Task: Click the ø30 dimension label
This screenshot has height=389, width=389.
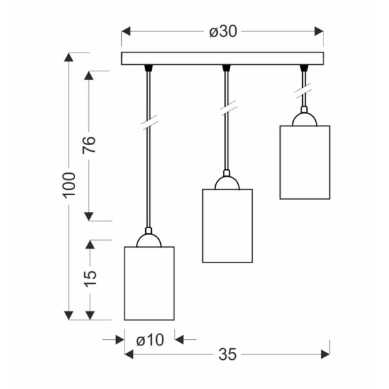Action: point(223,32)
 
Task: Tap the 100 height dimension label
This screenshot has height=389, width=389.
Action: point(69,185)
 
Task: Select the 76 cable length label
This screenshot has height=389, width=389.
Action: point(89,145)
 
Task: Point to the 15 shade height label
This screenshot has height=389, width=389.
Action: point(90,278)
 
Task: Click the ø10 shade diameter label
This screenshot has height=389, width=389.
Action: point(150,340)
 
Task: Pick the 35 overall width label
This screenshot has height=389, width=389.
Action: point(228,354)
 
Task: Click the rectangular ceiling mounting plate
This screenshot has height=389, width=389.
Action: point(222,58)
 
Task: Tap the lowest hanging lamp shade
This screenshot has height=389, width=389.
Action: point(149,283)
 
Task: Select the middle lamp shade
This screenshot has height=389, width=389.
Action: point(228,226)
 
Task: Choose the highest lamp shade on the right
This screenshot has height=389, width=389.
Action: point(305,163)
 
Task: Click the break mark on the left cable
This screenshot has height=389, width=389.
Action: point(150,123)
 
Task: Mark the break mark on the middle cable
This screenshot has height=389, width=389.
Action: point(228,108)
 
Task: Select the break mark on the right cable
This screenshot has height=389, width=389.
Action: point(303,91)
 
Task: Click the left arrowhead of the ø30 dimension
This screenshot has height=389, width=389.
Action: point(126,32)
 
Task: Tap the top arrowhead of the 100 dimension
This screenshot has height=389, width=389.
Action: point(69,57)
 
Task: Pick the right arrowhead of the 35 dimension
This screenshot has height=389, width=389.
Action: point(325,354)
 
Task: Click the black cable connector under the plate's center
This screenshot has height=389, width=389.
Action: point(226,68)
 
